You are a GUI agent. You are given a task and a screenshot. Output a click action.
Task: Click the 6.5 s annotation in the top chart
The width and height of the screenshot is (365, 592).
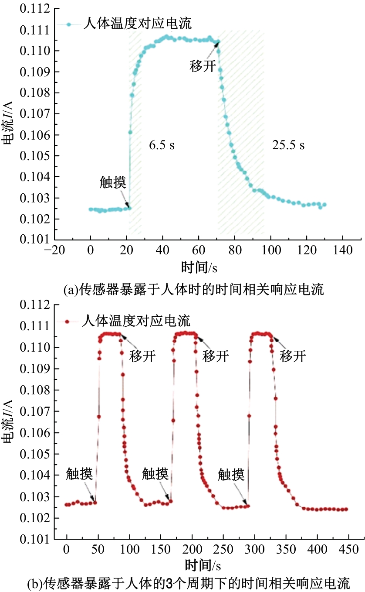(x=162, y=145)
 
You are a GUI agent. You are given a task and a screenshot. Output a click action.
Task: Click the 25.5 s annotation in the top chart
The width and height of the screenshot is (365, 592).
(x=288, y=145)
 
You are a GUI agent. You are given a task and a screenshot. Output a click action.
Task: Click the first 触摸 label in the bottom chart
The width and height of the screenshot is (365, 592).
(x=79, y=473)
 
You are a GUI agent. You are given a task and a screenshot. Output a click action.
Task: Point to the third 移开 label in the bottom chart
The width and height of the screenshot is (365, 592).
(x=293, y=356)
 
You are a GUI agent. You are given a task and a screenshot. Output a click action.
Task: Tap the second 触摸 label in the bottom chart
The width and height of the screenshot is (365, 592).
(x=155, y=473)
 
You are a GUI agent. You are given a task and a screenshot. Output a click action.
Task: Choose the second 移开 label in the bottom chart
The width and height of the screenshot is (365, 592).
(x=216, y=356)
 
